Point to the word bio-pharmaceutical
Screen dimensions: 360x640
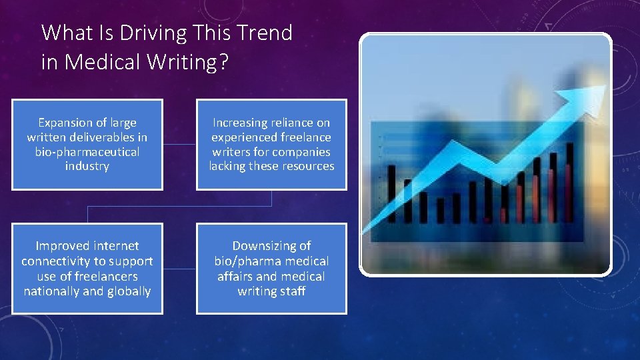(x=87, y=152)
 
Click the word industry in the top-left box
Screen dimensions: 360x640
(x=87, y=166)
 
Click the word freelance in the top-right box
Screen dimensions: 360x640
(x=305, y=137)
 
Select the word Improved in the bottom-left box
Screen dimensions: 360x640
(x=62, y=246)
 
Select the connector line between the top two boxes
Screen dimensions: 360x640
(x=179, y=144)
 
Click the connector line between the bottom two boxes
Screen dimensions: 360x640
(x=179, y=269)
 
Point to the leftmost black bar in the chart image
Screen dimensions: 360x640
(x=391, y=193)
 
